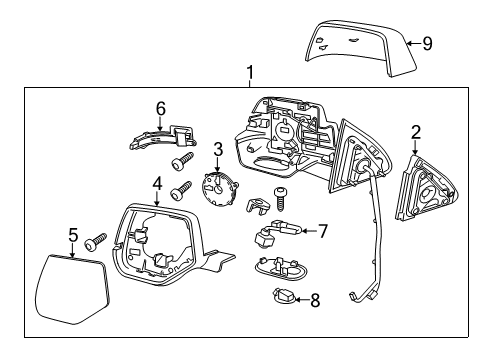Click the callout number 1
click(x=250, y=73)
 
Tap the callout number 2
click(x=417, y=131)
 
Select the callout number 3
click(x=217, y=149)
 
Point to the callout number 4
click(x=157, y=183)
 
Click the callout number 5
click(x=72, y=236)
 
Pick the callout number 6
click(x=160, y=108)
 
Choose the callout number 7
click(x=322, y=231)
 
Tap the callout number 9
click(x=427, y=42)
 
